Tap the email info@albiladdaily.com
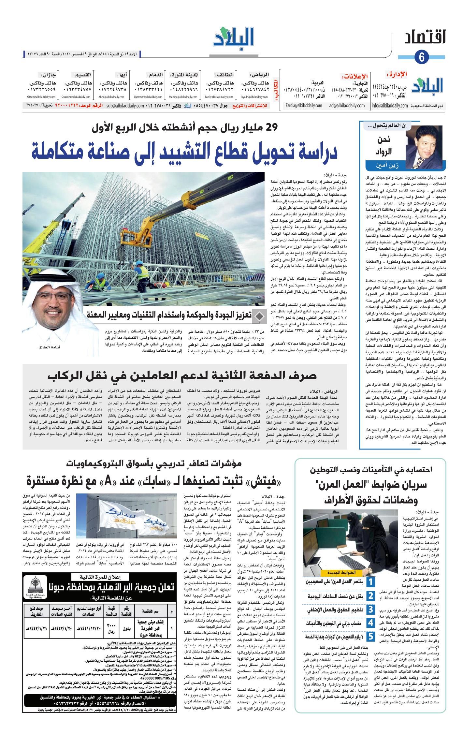pyautogui.click(x=389, y=106)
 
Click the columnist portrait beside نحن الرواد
pyautogui.click(x=424, y=144)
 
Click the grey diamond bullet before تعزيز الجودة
pyautogui.click(x=259, y=316)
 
